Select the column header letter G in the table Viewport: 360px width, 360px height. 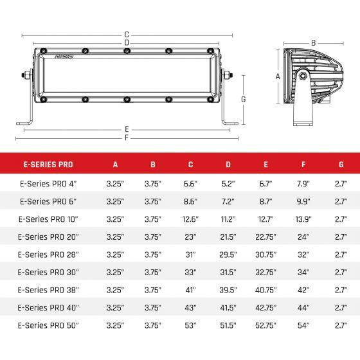pyautogui.click(x=339, y=164)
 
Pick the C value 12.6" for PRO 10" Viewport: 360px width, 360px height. pyautogui.click(x=190, y=219)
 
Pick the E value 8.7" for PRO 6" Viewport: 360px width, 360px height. pyautogui.click(x=265, y=201)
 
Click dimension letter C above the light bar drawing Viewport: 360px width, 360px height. pyautogui.click(x=127, y=34)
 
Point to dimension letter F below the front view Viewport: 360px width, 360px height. pyautogui.click(x=127, y=138)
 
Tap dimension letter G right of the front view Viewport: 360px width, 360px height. pyautogui.click(x=244, y=99)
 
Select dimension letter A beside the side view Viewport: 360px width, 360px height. pyautogui.click(x=278, y=76)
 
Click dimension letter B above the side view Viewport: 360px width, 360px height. pyautogui.click(x=313, y=43)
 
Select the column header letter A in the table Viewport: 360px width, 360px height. pyautogui.click(x=116, y=164)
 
